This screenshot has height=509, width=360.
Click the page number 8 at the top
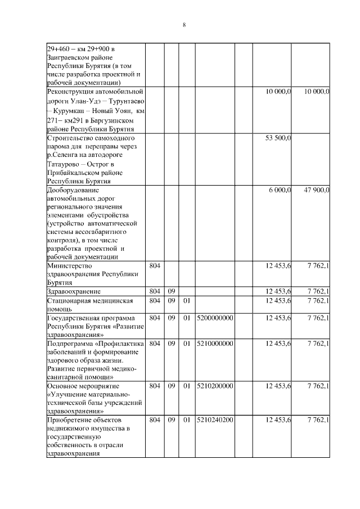(184, 25)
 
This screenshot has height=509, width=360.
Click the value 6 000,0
(280, 190)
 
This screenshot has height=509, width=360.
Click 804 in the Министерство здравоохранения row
(155, 265)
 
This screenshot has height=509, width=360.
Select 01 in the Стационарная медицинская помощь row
(187, 301)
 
